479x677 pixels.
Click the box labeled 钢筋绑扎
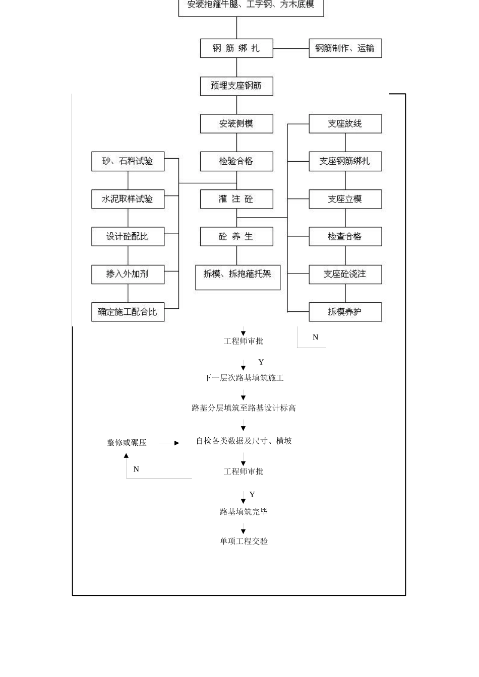click(x=236, y=48)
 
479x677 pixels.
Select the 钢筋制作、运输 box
click(x=345, y=48)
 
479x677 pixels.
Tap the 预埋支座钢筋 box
click(x=236, y=86)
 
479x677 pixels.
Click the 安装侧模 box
click(x=236, y=124)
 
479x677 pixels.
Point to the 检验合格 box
click(x=236, y=161)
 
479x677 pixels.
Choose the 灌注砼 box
click(x=236, y=199)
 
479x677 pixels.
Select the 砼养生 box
click(x=236, y=237)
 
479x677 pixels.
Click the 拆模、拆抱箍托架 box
click(x=237, y=277)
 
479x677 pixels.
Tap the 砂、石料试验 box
click(x=128, y=161)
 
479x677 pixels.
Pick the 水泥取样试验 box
click(x=128, y=199)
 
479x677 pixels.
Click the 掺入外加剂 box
click(x=128, y=275)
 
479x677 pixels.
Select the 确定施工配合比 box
click(x=128, y=312)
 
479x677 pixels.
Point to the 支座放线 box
click(x=345, y=124)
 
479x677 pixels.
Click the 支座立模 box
click(x=345, y=199)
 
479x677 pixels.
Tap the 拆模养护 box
click(x=345, y=312)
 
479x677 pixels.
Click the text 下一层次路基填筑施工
click(x=244, y=378)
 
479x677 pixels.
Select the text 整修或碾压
click(x=127, y=443)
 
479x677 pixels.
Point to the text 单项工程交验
click(x=244, y=541)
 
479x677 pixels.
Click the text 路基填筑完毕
click(x=244, y=512)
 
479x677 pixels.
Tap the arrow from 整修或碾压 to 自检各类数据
click(x=169, y=443)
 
